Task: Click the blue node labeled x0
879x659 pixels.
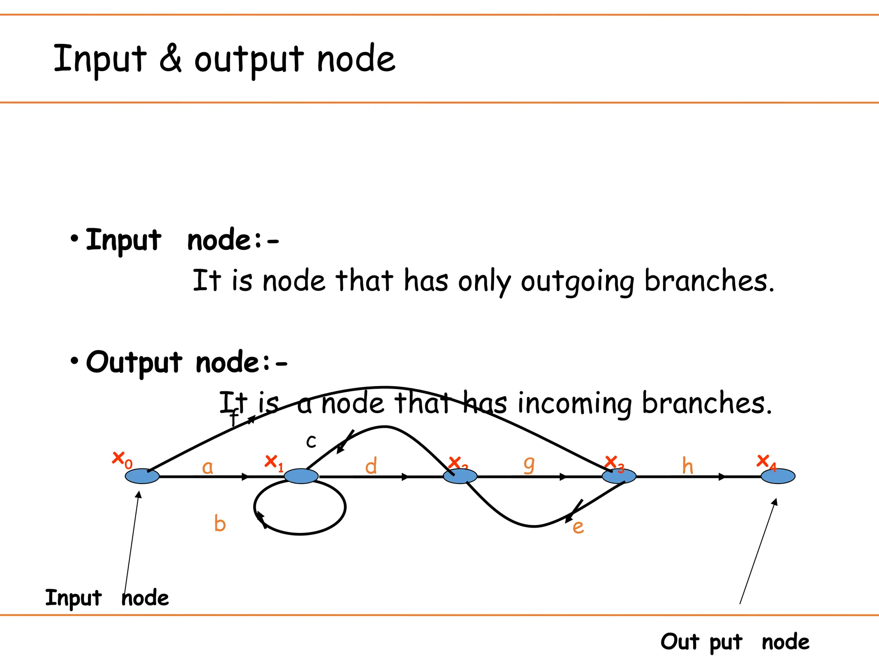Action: click(x=142, y=476)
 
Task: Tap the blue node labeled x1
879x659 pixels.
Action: click(x=301, y=476)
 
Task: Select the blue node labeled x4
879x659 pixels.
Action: click(x=778, y=476)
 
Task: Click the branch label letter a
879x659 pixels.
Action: click(x=207, y=467)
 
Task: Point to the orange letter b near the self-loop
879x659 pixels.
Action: click(x=220, y=524)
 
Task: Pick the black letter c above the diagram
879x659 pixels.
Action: click(x=311, y=441)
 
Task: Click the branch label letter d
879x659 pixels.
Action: click(x=371, y=466)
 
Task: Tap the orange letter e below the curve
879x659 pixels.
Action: click(x=578, y=527)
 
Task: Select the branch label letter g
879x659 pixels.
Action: click(x=529, y=465)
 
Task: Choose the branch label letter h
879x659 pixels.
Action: click(x=688, y=466)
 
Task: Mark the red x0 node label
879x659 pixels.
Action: click(x=122, y=460)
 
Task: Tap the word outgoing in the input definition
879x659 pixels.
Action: click(x=577, y=282)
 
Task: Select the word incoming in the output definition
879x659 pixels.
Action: click(x=574, y=404)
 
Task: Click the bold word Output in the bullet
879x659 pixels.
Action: click(x=134, y=363)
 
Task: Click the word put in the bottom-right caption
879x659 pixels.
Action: click(x=725, y=643)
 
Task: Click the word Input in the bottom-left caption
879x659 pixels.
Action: click(x=73, y=598)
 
